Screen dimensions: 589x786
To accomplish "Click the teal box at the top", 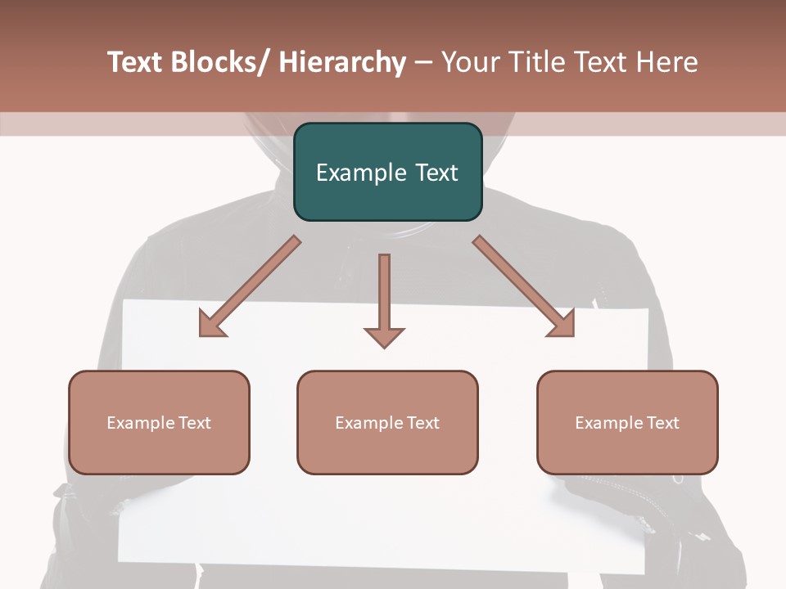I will point(387,172).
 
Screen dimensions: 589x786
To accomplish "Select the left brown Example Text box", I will point(159,422).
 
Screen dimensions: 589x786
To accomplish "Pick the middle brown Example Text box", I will point(387,422).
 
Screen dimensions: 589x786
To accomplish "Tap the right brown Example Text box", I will point(627,422).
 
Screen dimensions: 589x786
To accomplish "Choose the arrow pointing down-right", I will point(524,286).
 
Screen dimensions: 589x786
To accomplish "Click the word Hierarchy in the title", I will point(342,63).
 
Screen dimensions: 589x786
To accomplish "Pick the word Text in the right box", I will point(662,423).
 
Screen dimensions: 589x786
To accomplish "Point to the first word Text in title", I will point(136,63).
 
